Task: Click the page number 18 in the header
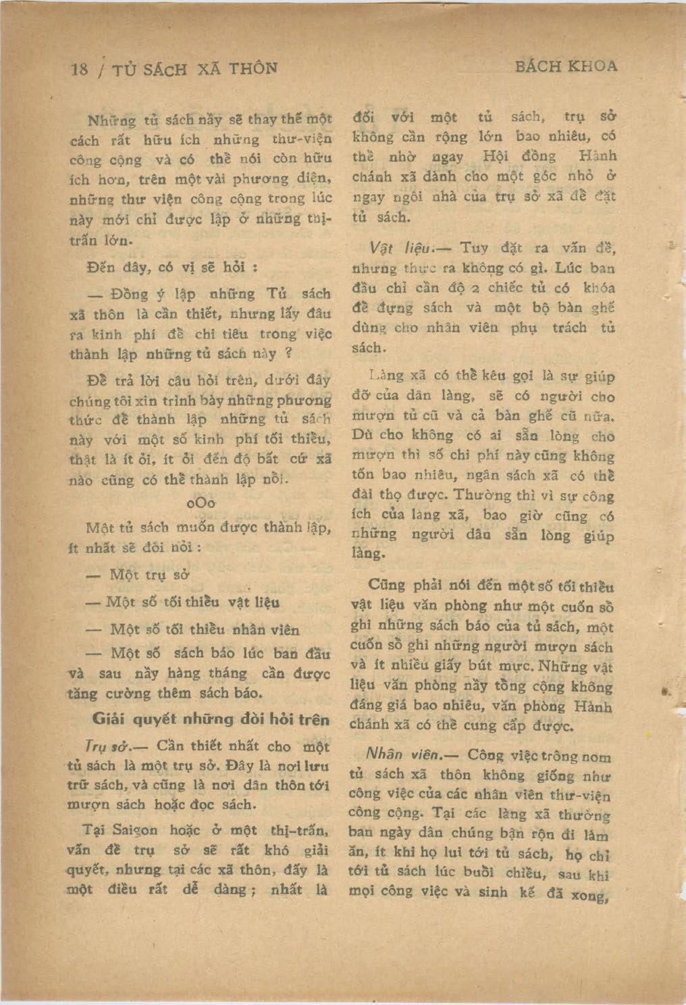80,70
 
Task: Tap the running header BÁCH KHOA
566,66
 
